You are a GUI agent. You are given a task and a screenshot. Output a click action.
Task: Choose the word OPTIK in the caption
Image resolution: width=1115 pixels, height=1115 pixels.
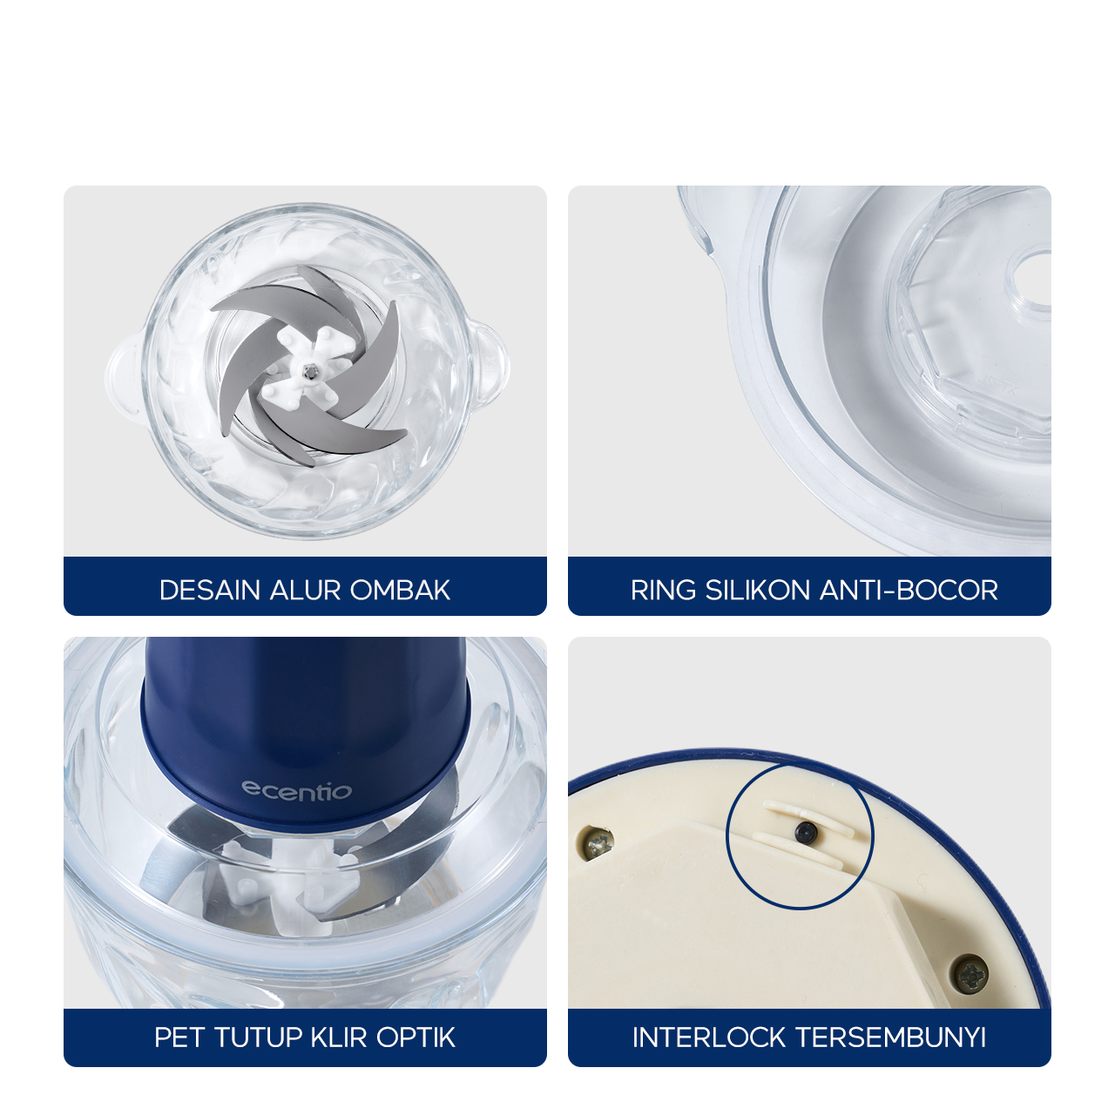[416, 1037]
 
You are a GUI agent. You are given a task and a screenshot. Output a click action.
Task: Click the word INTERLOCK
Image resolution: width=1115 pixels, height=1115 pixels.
[709, 1037]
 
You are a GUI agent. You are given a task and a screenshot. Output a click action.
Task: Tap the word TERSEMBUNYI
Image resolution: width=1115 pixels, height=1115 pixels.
[891, 1037]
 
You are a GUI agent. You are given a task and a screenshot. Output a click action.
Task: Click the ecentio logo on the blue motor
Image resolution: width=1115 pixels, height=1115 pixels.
[296, 790]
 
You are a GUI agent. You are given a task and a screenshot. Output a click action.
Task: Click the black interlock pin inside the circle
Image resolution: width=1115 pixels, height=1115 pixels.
[806, 833]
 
